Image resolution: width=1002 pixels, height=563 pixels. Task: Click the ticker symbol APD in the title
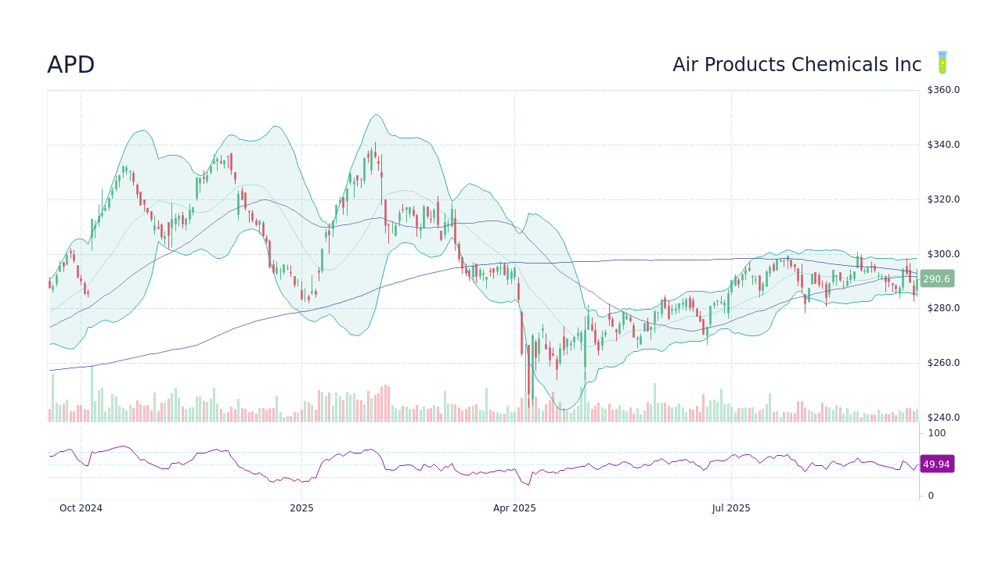point(70,65)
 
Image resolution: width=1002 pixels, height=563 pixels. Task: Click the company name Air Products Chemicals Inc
point(796,65)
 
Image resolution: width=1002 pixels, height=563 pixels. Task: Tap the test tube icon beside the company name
point(943,63)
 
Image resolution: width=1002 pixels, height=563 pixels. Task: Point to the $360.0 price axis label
point(943,90)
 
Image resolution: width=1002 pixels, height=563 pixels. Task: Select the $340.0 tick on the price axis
point(943,145)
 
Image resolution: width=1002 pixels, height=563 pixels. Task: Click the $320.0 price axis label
point(943,199)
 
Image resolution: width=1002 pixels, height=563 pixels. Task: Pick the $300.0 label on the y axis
point(943,254)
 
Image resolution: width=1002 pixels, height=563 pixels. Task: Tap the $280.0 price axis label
point(943,308)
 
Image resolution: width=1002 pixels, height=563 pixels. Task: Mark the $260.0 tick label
point(943,363)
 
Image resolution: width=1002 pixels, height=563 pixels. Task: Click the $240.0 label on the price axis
point(943,418)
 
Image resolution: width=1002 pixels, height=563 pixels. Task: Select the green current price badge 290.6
point(936,279)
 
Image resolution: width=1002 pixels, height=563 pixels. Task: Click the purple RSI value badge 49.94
point(936,464)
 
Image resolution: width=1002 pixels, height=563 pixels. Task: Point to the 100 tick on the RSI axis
point(936,433)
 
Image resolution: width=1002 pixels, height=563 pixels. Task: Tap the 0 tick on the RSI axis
point(931,496)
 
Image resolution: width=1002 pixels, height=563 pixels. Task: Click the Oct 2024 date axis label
point(81,508)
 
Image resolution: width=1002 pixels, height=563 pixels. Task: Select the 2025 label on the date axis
point(301,508)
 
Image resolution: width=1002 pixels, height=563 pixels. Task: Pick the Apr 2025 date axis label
point(514,508)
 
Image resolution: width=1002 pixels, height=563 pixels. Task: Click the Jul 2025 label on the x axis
point(731,508)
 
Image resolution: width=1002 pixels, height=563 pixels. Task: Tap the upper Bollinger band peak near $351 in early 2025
point(377,115)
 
